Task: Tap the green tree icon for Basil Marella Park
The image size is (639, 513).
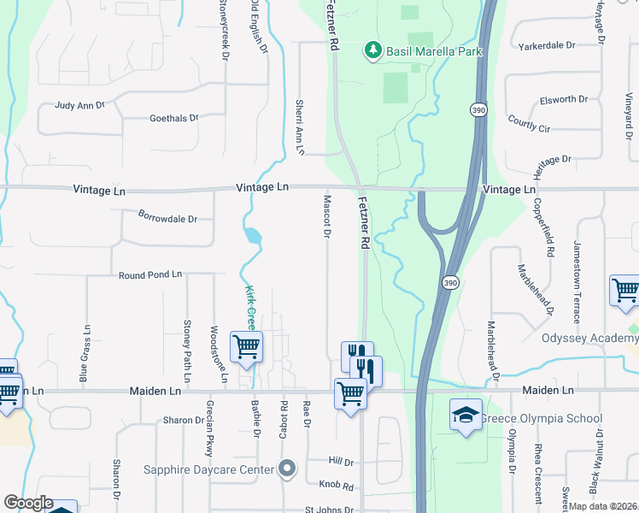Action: click(372, 51)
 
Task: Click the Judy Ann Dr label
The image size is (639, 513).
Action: click(79, 105)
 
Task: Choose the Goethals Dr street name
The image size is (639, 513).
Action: click(173, 118)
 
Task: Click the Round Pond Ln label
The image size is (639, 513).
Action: click(150, 274)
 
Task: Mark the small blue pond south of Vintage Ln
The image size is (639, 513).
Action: click(253, 235)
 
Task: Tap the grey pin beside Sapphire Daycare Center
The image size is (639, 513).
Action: click(287, 469)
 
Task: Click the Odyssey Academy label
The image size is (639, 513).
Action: click(589, 339)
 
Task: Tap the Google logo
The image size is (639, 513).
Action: click(28, 503)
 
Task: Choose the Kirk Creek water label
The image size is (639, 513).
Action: click(251, 307)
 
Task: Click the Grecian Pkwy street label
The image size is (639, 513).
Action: click(208, 430)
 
